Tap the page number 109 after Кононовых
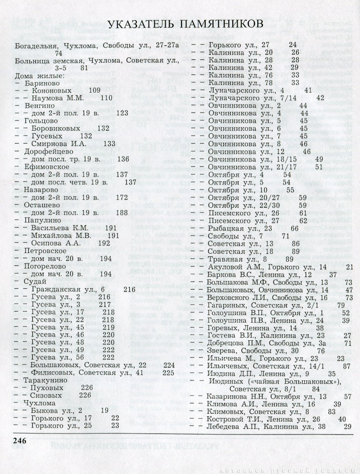[94, 90]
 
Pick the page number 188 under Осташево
[122, 212]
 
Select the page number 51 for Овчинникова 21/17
[319, 166]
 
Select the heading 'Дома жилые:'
[39, 75]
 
